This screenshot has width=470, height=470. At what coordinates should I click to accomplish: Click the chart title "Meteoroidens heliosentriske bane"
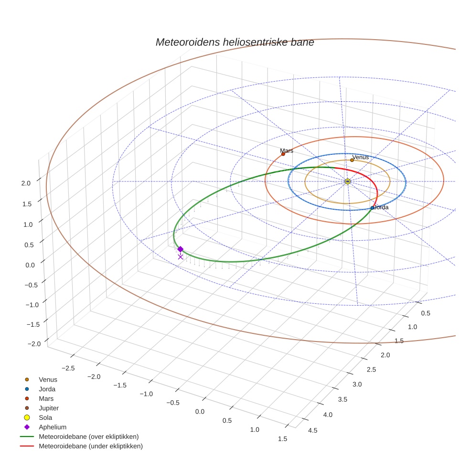click(x=235, y=42)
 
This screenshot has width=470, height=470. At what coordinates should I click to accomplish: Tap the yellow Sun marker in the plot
click(x=347, y=182)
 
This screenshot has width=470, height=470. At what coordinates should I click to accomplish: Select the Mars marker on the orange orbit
click(x=283, y=154)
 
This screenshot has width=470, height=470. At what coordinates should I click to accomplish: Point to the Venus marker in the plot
click(x=352, y=160)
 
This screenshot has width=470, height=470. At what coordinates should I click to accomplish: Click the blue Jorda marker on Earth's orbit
click(x=372, y=208)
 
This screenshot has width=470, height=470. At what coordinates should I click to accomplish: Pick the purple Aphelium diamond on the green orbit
click(x=180, y=249)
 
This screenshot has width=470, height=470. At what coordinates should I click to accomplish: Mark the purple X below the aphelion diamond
click(x=180, y=257)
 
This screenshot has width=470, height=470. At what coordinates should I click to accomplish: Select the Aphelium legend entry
click(x=52, y=427)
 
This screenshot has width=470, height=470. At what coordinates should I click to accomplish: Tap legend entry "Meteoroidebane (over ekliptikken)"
click(x=88, y=437)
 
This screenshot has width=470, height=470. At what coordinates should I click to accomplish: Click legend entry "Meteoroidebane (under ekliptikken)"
click(x=90, y=446)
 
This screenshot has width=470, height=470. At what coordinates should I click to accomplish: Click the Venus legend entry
click(x=48, y=379)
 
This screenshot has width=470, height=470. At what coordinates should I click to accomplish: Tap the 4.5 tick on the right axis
click(x=312, y=430)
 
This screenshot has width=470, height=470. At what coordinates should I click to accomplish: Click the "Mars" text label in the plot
click(x=287, y=150)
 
